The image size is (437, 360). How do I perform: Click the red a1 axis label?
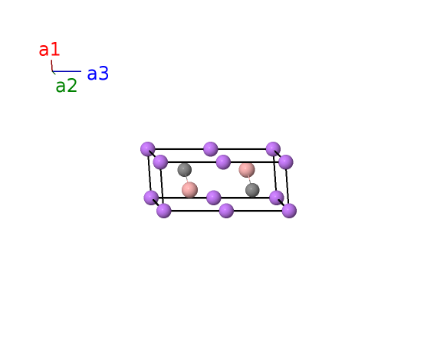click(49, 50)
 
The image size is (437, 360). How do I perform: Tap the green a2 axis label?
click(67, 86)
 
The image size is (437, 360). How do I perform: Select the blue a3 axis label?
click(98, 74)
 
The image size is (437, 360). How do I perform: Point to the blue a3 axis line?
click(67, 71)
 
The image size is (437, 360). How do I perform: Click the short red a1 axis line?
click(51, 65)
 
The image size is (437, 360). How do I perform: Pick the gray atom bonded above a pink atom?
click(185, 169)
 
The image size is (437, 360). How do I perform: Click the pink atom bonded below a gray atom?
click(190, 190)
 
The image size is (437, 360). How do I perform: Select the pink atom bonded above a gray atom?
click(247, 169)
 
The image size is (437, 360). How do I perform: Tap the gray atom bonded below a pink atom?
click(252, 190)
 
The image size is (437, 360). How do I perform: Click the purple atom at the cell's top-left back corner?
click(148, 149)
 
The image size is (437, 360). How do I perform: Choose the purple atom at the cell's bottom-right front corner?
click(289, 211)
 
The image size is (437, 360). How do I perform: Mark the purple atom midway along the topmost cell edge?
click(210, 149)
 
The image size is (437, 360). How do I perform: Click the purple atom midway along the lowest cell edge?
click(226, 211)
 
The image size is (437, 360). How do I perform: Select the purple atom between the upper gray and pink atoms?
click(223, 162)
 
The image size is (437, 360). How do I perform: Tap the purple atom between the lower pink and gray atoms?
click(214, 198)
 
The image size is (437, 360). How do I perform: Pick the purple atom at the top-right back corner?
click(273, 149)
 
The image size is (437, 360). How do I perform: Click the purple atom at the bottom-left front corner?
click(164, 211)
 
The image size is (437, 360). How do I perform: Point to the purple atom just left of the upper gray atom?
click(160, 162)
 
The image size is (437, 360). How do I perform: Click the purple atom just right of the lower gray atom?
click(277, 198)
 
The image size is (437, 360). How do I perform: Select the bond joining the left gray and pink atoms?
click(187, 179)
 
